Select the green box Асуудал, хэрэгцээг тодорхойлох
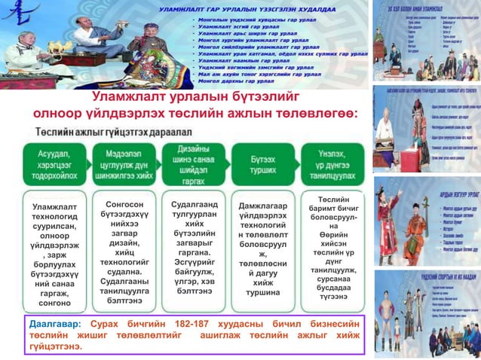(x=49, y=164)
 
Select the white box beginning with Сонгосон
(x=123, y=246)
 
